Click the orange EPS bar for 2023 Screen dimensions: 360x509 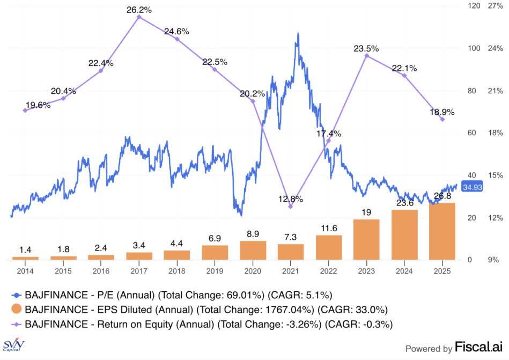tap(366, 239)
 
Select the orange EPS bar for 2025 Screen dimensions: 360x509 tap(442, 231)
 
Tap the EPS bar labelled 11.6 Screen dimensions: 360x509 tap(329, 247)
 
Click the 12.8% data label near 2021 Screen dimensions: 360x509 tap(291, 199)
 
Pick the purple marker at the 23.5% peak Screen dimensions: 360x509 tap(366, 56)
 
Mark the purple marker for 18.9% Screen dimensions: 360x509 tap(442, 120)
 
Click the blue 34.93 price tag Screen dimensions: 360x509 tap(473, 187)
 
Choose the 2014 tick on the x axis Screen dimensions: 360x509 tap(25, 271)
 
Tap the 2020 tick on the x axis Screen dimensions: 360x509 tap(253, 271)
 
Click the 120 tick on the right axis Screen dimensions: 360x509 tap(473, 6)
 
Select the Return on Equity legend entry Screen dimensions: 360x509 tap(204, 324)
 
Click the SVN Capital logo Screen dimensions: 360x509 tap(14, 346)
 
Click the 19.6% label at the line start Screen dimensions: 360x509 tap(38, 105)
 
